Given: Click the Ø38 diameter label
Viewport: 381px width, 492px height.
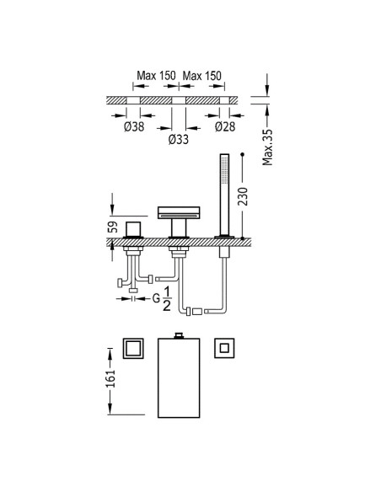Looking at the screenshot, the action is [134, 126].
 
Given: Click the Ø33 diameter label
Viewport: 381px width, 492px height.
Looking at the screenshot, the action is [178, 139].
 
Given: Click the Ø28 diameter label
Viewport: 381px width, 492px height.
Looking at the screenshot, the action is [225, 126].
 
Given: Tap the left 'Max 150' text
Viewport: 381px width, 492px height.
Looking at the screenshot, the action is [156, 76].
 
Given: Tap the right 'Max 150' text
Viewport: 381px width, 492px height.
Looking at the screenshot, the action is [201, 76].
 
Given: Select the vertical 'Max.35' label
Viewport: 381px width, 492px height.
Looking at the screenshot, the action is [268, 147].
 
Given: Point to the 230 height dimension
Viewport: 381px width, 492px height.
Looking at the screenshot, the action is [243, 196].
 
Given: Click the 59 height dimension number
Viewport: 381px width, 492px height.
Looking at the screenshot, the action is [113, 227].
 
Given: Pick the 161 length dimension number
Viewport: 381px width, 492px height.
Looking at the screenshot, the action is [111, 378].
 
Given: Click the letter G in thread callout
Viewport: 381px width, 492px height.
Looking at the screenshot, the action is [156, 298].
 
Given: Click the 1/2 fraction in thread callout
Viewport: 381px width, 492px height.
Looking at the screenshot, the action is [167, 299].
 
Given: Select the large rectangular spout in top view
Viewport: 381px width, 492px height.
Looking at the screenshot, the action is [179, 377].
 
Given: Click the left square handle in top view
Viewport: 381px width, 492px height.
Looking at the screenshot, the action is [133, 348].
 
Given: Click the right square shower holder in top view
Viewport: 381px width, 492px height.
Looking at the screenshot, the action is [224, 348].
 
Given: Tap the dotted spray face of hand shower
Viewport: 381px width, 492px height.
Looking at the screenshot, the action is [224, 169].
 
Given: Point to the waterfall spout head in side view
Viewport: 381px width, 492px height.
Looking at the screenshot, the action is [179, 212].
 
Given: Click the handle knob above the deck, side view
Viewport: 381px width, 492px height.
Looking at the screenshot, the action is [133, 229].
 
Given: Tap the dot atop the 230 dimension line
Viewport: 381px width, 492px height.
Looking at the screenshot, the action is [242, 154].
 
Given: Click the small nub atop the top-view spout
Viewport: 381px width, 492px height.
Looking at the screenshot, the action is [179, 335].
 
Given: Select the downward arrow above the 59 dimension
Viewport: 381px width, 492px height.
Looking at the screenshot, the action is [112, 204].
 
